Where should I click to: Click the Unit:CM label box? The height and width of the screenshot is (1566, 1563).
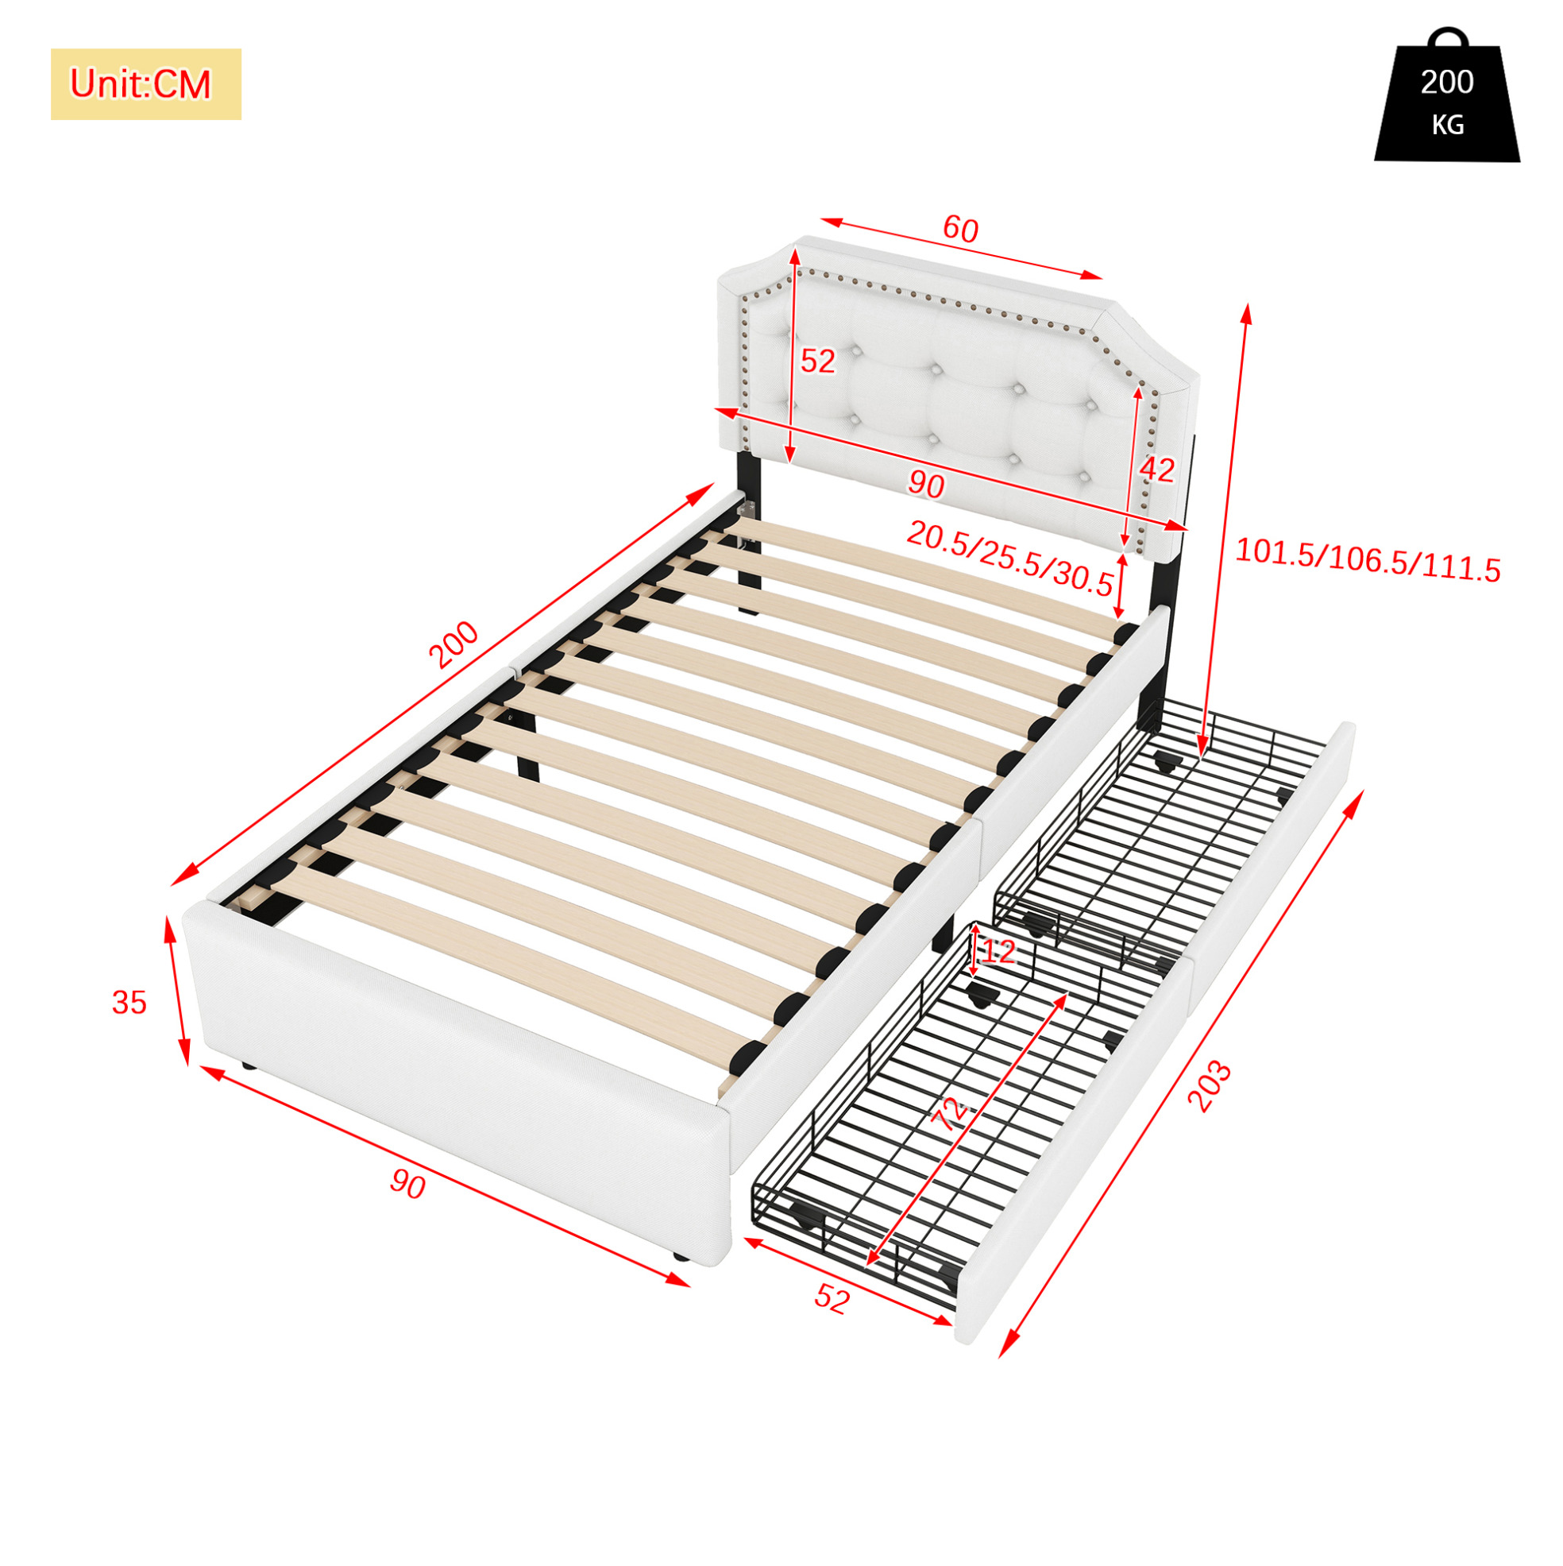click(x=146, y=84)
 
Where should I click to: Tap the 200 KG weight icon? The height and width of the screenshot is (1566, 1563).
click(x=1446, y=95)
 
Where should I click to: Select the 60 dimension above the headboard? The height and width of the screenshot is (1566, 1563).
click(x=961, y=230)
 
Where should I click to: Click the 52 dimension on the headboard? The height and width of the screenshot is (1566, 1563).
click(x=817, y=361)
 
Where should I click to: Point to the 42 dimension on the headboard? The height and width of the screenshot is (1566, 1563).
click(x=1157, y=470)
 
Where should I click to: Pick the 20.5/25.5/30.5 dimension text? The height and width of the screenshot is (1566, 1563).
click(x=1009, y=559)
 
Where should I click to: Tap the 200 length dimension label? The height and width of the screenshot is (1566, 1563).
click(x=453, y=644)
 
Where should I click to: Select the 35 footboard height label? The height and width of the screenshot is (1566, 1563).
click(x=129, y=1003)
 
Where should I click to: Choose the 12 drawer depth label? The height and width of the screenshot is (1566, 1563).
click(x=998, y=951)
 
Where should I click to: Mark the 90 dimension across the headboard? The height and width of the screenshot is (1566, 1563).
click(x=925, y=485)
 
